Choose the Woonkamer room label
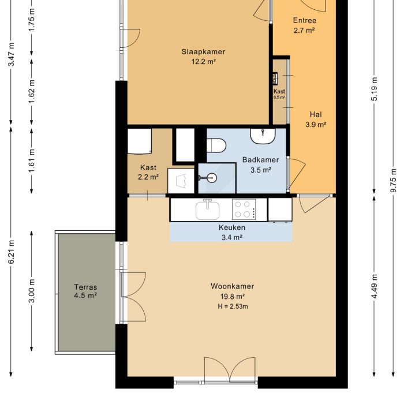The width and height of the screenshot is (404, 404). point(232,286)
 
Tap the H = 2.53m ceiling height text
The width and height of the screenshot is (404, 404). point(232,306)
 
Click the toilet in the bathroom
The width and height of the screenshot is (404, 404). point(216,145)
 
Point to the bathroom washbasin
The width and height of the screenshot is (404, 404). point(263,136)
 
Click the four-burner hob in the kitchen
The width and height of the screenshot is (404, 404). point(244,209)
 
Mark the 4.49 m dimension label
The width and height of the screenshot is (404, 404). point(375,287)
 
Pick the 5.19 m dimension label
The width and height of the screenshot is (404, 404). point(375,88)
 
